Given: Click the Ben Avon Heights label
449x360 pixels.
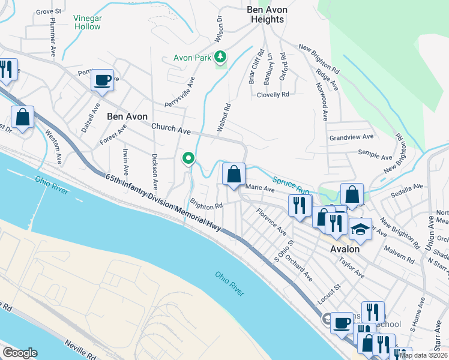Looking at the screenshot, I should [x=267, y=14].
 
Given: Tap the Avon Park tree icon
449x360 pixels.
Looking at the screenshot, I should [x=221, y=58].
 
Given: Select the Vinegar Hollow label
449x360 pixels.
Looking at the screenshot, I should [x=87, y=22].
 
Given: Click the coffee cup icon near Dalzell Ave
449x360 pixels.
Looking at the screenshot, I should [x=102, y=80].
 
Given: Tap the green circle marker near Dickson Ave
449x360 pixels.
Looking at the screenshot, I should [x=188, y=158].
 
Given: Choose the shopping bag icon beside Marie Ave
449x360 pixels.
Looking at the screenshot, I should [x=234, y=174].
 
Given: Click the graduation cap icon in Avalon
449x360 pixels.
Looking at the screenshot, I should [x=360, y=229].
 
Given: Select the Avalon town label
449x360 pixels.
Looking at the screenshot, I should [x=345, y=248].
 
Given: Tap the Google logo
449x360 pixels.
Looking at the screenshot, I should [x=20, y=353].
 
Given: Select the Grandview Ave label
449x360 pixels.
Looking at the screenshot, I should [x=351, y=137].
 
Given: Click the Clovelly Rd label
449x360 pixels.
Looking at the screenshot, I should [x=273, y=94].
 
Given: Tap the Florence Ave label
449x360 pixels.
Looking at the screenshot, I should [x=271, y=220].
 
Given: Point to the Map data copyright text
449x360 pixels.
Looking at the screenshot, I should [x=424, y=355].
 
